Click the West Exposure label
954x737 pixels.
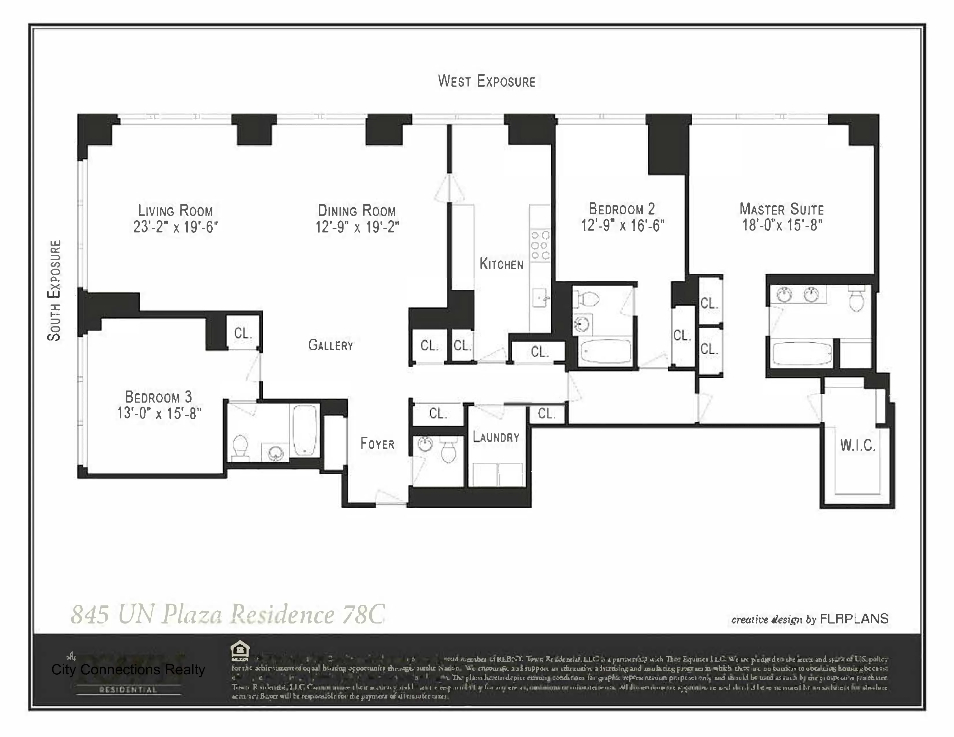pyautogui.click(x=487, y=81)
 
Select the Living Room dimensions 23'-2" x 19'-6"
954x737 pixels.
pyautogui.click(x=176, y=227)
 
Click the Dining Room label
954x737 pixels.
pyautogui.click(x=357, y=211)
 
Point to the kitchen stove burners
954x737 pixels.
pyautogui.click(x=540, y=245)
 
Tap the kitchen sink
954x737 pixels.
pyautogui.click(x=541, y=299)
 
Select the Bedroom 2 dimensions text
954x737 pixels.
pyautogui.click(x=622, y=225)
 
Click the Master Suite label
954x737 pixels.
pyautogui.click(x=782, y=209)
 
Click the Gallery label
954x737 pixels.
pyautogui.click(x=331, y=345)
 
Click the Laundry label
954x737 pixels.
pyautogui.click(x=496, y=437)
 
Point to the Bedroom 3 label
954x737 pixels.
pyautogui.click(x=158, y=397)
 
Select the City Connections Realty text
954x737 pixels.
pyautogui.click(x=128, y=669)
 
